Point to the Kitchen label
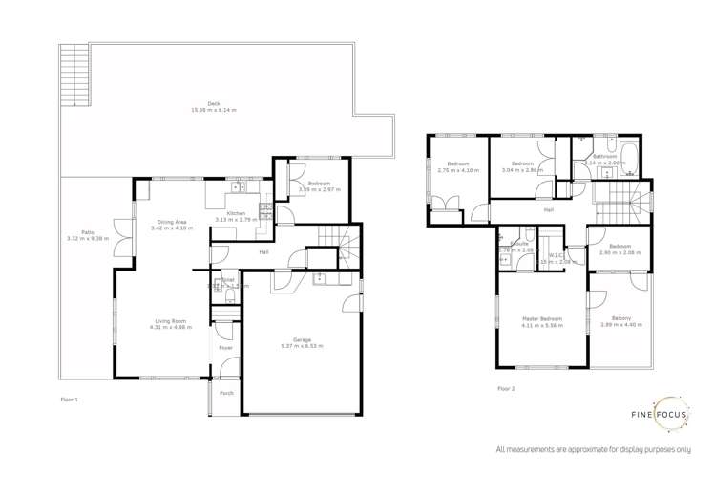[236, 213]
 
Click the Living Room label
[172, 321]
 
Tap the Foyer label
[225, 348]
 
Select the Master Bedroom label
[542, 319]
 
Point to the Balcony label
[620, 319]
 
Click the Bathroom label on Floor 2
[605, 157]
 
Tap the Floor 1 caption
[69, 398]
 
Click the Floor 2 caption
[506, 388]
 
